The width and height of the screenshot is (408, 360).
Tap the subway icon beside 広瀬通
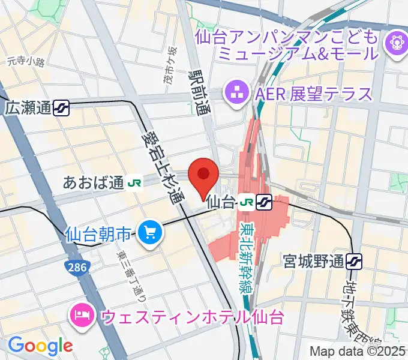61,108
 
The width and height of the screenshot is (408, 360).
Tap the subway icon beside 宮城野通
355,261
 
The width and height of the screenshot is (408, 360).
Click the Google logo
40,346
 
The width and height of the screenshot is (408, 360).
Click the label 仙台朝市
98,233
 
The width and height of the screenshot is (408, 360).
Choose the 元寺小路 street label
26,61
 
